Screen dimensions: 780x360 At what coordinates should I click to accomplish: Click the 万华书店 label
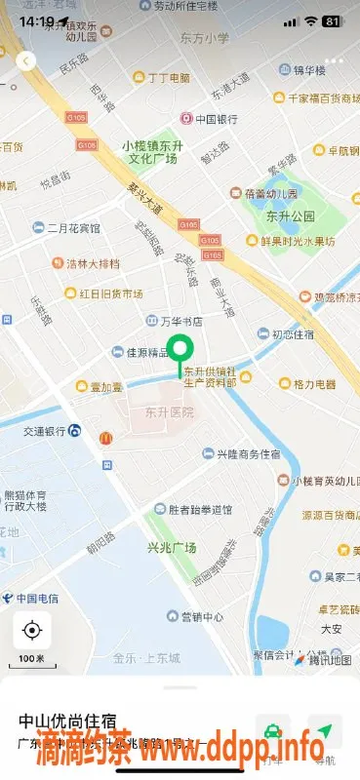[180, 320]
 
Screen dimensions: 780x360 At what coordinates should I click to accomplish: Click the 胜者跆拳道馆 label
[199, 509]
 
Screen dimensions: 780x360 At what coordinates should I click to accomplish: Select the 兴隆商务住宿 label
[248, 454]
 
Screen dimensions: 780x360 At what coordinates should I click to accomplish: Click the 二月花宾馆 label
[73, 228]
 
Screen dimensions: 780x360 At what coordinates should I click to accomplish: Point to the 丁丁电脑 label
[168, 77]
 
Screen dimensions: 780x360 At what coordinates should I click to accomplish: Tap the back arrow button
[26, 60]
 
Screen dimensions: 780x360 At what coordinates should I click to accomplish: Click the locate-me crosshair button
[32, 631]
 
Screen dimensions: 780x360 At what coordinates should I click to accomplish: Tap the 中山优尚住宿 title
[71, 721]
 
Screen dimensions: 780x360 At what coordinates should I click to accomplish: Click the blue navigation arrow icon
[325, 731]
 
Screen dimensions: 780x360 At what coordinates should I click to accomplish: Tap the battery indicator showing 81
[332, 20]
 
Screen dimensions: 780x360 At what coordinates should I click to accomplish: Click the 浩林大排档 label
[93, 263]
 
